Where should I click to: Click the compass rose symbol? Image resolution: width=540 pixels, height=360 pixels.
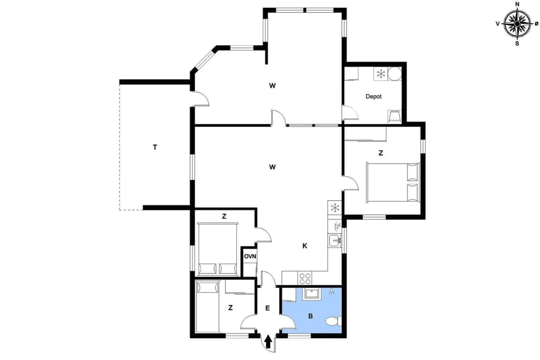coord(517,24)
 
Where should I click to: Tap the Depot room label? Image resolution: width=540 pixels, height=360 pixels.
coord(373,97)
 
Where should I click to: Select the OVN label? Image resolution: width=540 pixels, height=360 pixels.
coord(250,256)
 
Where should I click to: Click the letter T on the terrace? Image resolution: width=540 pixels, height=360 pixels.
coord(155,147)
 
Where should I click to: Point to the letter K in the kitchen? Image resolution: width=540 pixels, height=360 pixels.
coord(304,246)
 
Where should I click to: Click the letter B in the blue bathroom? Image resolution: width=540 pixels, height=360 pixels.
coord(310,316)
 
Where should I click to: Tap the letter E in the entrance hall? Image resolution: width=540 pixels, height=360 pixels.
coord(268,308)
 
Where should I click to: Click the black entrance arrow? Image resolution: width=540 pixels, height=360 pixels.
coord(268,341)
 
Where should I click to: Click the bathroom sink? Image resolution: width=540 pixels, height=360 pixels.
coord(312,294)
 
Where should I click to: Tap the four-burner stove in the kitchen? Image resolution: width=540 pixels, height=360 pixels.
coord(305,278)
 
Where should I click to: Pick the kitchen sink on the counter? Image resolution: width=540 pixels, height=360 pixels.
coord(335,241)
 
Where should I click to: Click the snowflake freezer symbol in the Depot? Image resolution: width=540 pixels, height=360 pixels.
coord(380,74)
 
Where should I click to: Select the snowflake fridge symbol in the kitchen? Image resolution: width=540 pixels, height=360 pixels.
coord(335,208)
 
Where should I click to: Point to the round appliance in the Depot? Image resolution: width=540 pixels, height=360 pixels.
coord(395,74)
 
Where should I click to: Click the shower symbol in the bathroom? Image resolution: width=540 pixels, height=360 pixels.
coord(332,291)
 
